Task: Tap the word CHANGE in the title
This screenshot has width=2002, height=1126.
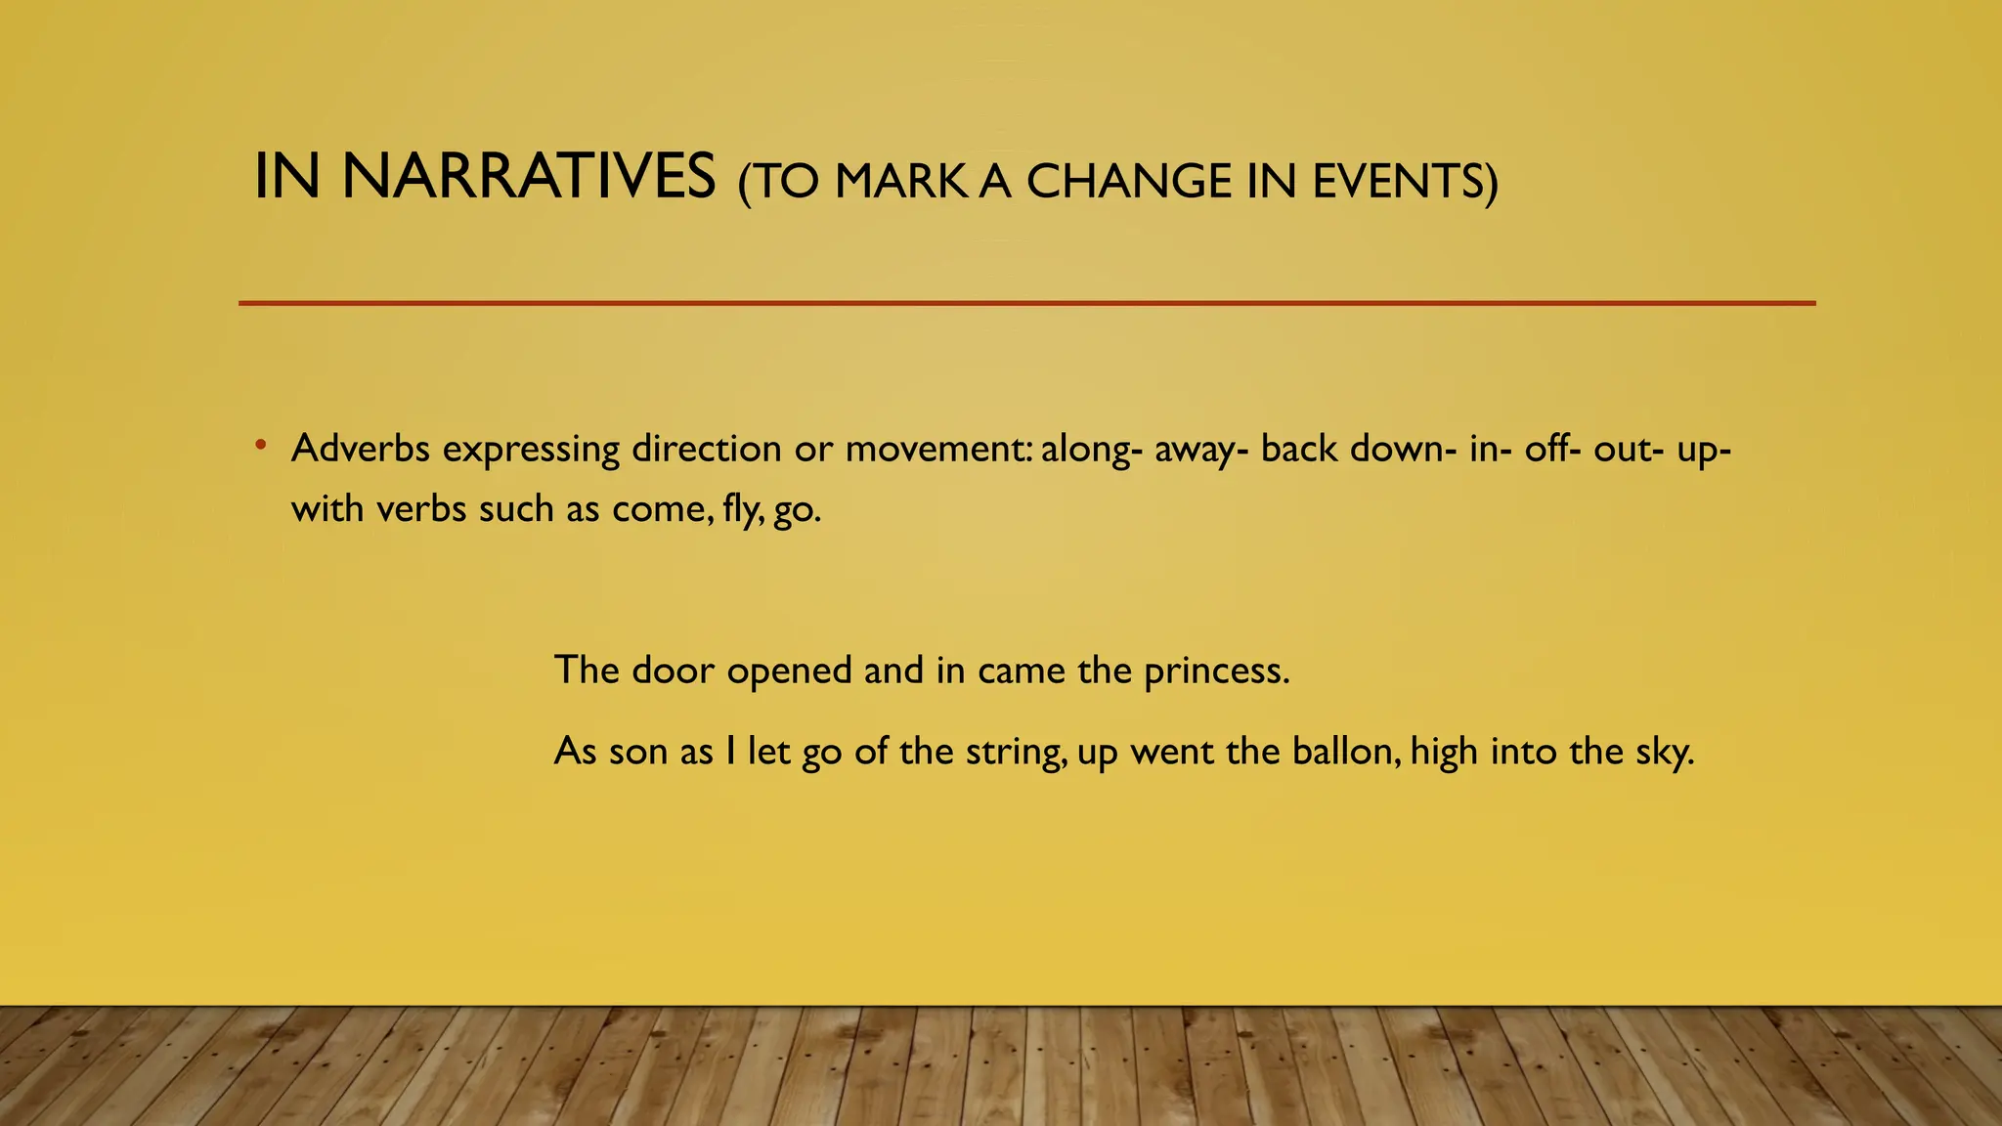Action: click(x=1128, y=182)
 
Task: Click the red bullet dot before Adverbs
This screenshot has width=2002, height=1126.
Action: click(x=260, y=446)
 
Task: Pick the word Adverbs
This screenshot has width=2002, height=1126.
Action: click(x=360, y=449)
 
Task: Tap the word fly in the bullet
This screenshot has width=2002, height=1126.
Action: click(x=742, y=509)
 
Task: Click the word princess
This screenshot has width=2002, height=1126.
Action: click(x=1216, y=671)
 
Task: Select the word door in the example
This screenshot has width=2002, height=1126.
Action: click(x=674, y=671)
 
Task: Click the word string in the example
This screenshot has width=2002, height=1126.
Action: click(x=1017, y=753)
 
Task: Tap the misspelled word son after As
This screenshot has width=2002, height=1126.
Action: click(x=638, y=752)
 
